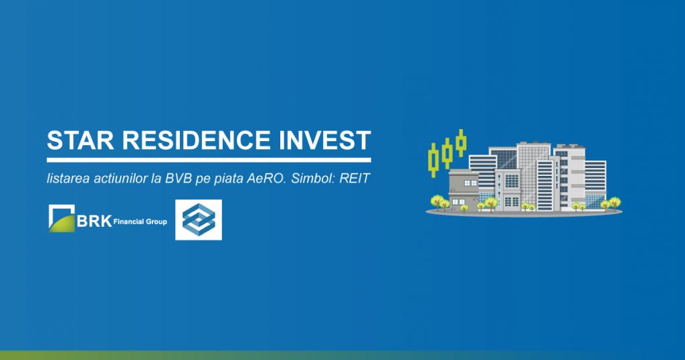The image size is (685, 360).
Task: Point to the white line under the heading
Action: [209, 160]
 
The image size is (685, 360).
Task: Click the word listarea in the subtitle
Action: [68, 179]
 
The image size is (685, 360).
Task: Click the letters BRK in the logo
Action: [94, 221]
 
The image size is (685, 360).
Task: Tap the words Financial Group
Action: [140, 222]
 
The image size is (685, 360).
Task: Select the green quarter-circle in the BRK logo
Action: [62, 222]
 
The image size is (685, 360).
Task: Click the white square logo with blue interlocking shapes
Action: [198, 219]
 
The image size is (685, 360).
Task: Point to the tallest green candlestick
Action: [461, 143]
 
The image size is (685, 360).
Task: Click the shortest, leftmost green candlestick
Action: [433, 159]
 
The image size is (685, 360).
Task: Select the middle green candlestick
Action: [446, 153]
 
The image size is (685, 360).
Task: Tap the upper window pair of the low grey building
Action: [470, 183]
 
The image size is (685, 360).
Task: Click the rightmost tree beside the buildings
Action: [615, 203]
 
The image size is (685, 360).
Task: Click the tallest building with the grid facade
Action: [532, 174]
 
